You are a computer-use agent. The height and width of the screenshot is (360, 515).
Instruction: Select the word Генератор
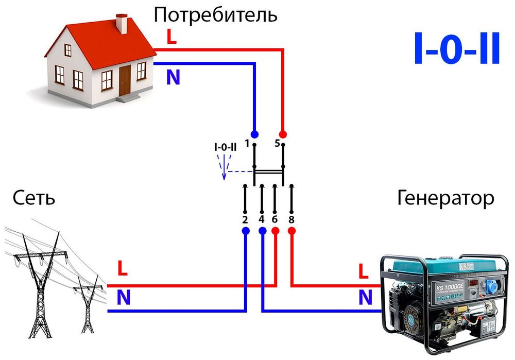pyautogui.click(x=445, y=198)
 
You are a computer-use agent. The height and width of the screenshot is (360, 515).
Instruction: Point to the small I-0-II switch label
pyautogui.click(x=225, y=147)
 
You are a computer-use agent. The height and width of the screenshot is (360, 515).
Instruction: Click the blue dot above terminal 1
pyautogui.click(x=254, y=134)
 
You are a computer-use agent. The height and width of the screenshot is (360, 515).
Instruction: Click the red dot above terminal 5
pyautogui.click(x=282, y=134)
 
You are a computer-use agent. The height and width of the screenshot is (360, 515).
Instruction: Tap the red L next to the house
pyautogui.click(x=171, y=37)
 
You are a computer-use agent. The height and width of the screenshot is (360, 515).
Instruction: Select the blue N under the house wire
pyautogui.click(x=173, y=77)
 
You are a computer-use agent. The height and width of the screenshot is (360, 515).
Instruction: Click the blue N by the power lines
pyautogui.click(x=124, y=298)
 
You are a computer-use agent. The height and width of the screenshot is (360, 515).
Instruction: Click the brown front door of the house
pyautogui.click(x=125, y=81)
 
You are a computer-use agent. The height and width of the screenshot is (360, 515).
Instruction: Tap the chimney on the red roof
pyautogui.click(x=122, y=23)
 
